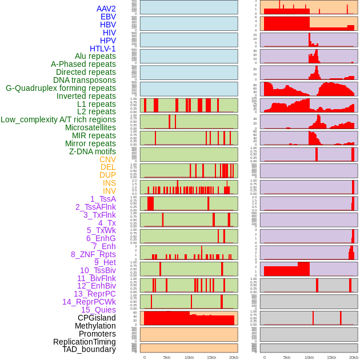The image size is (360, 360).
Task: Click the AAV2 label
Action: click(x=106, y=9)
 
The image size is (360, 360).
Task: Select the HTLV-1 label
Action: click(x=102, y=49)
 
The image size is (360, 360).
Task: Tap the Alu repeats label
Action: click(x=95, y=56)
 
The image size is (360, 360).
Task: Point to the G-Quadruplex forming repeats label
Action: click(x=61, y=88)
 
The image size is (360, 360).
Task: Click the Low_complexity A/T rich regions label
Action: click(x=58, y=119)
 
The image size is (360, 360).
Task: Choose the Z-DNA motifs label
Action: click(x=93, y=151)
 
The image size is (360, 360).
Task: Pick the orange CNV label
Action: click(x=107, y=159)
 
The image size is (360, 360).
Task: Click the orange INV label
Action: click(x=109, y=191)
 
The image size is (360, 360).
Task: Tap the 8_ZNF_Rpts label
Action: click(x=93, y=254)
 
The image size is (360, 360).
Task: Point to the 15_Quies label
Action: click(x=98, y=310)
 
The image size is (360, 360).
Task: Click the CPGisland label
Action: click(x=97, y=318)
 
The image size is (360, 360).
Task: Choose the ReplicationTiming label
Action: click(x=84, y=342)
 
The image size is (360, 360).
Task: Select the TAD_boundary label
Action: click(x=89, y=349)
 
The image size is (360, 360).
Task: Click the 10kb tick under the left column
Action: click(x=189, y=357)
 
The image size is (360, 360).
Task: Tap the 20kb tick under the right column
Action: click(x=353, y=357)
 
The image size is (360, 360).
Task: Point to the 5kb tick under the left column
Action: click(x=167, y=357)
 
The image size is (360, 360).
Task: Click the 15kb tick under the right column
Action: click(x=331, y=357)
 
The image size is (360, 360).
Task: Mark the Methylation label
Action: click(x=91, y=326)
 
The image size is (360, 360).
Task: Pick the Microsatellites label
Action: click(x=90, y=127)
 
